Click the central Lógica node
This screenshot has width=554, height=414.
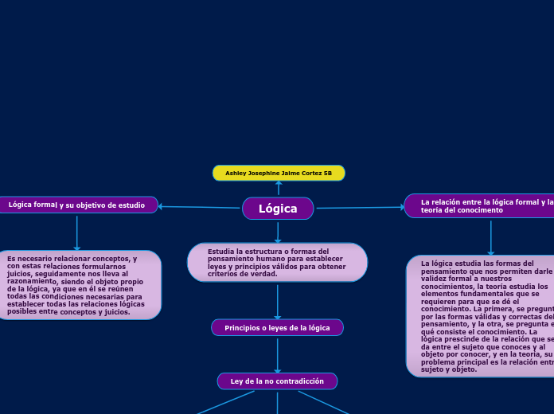(x=278, y=209)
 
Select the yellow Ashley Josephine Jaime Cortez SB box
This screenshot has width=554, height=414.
(x=279, y=173)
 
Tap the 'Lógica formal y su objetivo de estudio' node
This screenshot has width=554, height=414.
(x=77, y=205)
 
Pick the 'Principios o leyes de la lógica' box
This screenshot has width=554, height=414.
(x=277, y=328)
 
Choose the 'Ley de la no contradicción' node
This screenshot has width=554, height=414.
(x=277, y=381)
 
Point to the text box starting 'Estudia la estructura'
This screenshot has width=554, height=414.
(x=277, y=263)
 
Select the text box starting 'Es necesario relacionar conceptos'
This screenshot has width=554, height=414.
(x=78, y=285)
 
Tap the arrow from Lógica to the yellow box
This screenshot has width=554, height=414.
(x=279, y=188)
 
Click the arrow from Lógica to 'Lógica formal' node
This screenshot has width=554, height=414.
(x=199, y=207)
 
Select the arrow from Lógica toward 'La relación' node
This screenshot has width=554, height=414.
(x=360, y=208)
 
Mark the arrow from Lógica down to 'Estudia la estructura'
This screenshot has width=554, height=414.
(x=278, y=232)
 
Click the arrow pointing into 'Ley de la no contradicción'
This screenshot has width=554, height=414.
(x=277, y=355)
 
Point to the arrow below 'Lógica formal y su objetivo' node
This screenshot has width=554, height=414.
(x=77, y=232)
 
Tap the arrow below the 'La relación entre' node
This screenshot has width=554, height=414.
(x=491, y=236)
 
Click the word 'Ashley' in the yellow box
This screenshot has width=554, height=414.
(x=236, y=173)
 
